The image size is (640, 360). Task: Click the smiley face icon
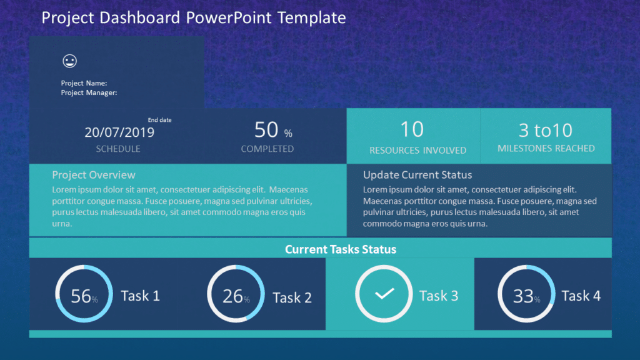tap(69, 61)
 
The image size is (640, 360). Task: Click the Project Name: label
tap(84, 83)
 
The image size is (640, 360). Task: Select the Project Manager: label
tap(89, 92)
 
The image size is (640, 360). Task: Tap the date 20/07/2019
tap(119, 132)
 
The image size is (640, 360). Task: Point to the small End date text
tap(159, 120)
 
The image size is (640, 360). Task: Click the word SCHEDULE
tap(118, 149)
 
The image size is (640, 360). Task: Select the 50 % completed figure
tap(272, 131)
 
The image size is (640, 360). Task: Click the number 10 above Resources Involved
tap(412, 129)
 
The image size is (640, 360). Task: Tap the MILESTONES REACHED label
tap(546, 148)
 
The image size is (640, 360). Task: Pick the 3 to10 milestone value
tap(546, 130)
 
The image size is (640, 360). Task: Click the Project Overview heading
tap(94, 175)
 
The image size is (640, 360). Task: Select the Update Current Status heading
tap(417, 175)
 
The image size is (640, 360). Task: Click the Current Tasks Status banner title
tap(341, 249)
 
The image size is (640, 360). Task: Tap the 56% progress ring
tap(84, 294)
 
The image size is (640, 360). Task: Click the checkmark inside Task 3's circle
tap(384, 293)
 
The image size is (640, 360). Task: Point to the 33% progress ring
tap(526, 294)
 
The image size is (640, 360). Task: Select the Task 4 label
tap(581, 296)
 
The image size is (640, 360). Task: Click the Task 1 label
tap(140, 296)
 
